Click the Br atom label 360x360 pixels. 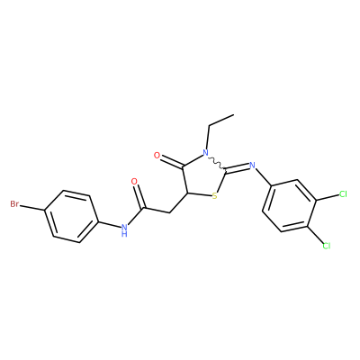pyautogui.click(x=14, y=204)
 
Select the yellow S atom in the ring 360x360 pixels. pyautogui.click(x=214, y=196)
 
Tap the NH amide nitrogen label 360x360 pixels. pyautogui.click(x=124, y=229)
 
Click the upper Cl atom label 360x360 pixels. pyautogui.click(x=343, y=194)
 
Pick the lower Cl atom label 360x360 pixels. pyautogui.click(x=327, y=246)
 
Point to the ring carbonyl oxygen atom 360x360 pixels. pyautogui.click(x=157, y=156)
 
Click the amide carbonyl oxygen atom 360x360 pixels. pyautogui.click(x=134, y=182)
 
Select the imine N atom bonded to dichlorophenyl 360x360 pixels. pyautogui.click(x=252, y=165)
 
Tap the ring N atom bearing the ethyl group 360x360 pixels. pyautogui.click(x=205, y=153)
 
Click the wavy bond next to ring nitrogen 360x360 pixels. pyautogui.click(x=217, y=162)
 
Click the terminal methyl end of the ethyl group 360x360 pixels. pyautogui.click(x=233, y=114)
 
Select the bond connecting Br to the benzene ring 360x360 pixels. pyautogui.click(x=32, y=208)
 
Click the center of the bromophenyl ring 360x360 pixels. pyautogui.click(x=71, y=216)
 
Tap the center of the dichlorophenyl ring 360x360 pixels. pyautogui.click(x=289, y=206)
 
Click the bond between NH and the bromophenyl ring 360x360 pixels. pyautogui.click(x=113, y=226)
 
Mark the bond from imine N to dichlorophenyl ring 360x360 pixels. pyautogui.click(x=263, y=177)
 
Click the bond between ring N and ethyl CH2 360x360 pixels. pyautogui.click(x=207, y=137)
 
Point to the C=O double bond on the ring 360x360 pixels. pyautogui.click(x=172, y=162)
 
